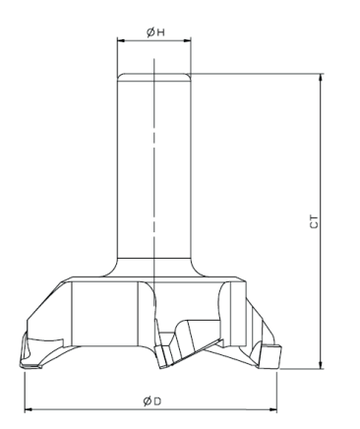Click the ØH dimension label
click(155, 32)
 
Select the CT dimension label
click(314, 222)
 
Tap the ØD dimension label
click(152, 400)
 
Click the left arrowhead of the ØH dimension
click(121, 40)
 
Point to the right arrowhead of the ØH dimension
click(187, 40)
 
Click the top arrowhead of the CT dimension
click(321, 78)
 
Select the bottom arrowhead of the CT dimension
click(321, 365)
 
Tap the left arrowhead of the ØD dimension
click(29, 409)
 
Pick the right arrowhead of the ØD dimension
click(273, 409)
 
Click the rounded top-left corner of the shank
click(119, 76)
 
